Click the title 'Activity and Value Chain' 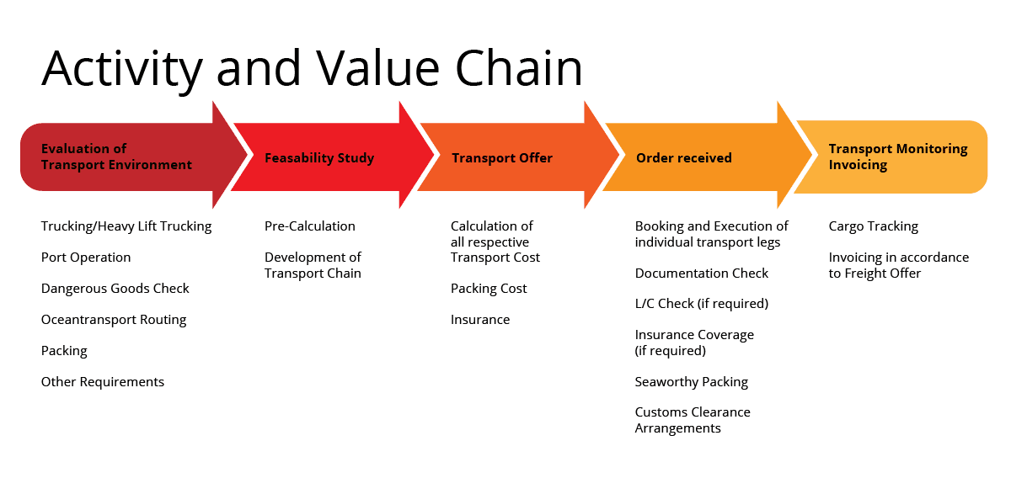coord(312,68)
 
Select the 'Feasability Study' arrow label coord(319,158)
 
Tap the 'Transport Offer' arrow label coord(502,158)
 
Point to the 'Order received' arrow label coord(684,158)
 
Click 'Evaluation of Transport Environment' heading coord(116,157)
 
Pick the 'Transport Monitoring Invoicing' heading coord(898,157)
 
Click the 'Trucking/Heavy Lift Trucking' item coord(126,226)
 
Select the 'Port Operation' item coord(86,258)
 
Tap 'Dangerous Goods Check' coord(115,288)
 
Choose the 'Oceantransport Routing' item coord(114,320)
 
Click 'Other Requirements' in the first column coord(103,382)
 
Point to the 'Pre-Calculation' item coord(310,226)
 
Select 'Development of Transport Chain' coord(313,265)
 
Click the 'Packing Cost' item coord(489,289)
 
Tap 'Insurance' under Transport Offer coord(480,319)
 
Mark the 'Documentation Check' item coord(701,274)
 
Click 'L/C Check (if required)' coord(701,304)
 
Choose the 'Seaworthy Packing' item coord(692,382)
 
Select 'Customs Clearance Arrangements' coord(693,420)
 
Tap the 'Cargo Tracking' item coord(874,226)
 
